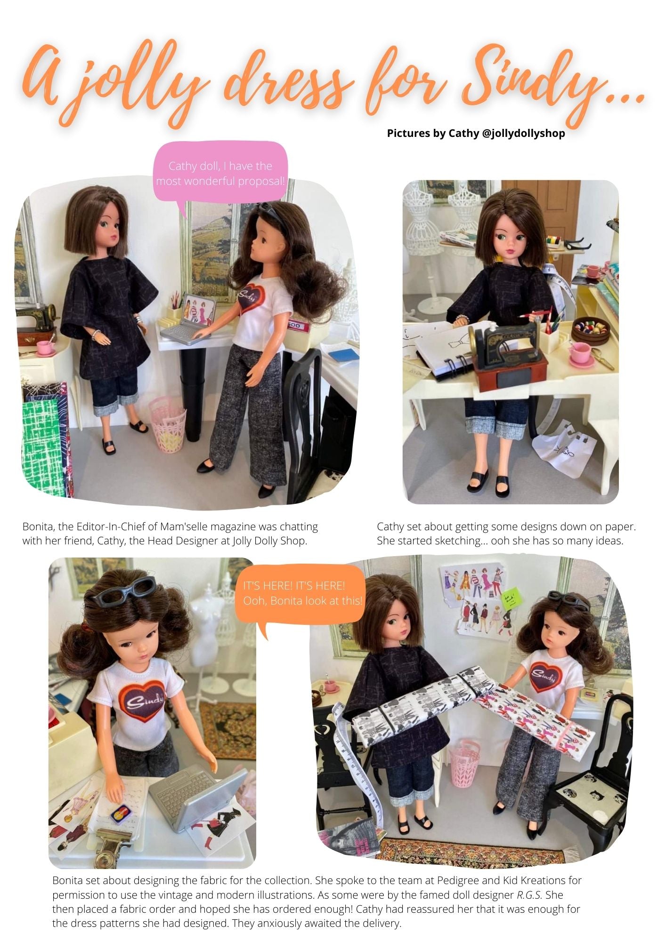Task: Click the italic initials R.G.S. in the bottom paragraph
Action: point(526,894)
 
